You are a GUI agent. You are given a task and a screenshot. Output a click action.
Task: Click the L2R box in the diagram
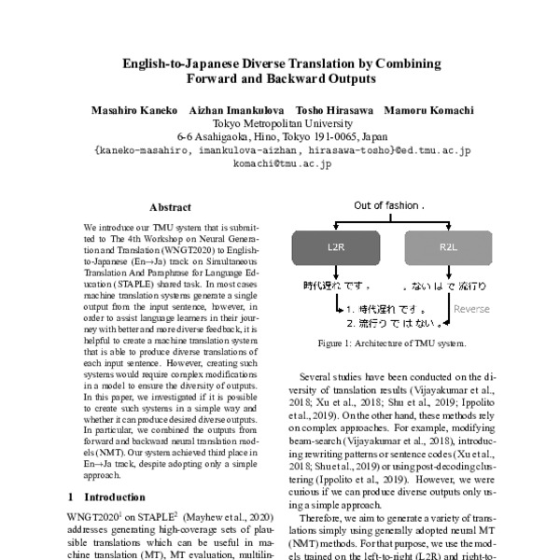(335, 248)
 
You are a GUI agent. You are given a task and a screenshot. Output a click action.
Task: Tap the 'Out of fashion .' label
(389, 203)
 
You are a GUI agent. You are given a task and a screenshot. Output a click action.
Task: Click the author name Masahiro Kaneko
(132, 110)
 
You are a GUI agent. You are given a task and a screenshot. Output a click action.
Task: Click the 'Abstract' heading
(171, 208)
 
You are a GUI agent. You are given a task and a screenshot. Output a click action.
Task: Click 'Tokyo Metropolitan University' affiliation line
(281, 123)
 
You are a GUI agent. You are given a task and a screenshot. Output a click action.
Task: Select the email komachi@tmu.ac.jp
(281, 163)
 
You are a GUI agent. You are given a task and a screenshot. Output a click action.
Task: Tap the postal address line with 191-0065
(281, 136)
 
